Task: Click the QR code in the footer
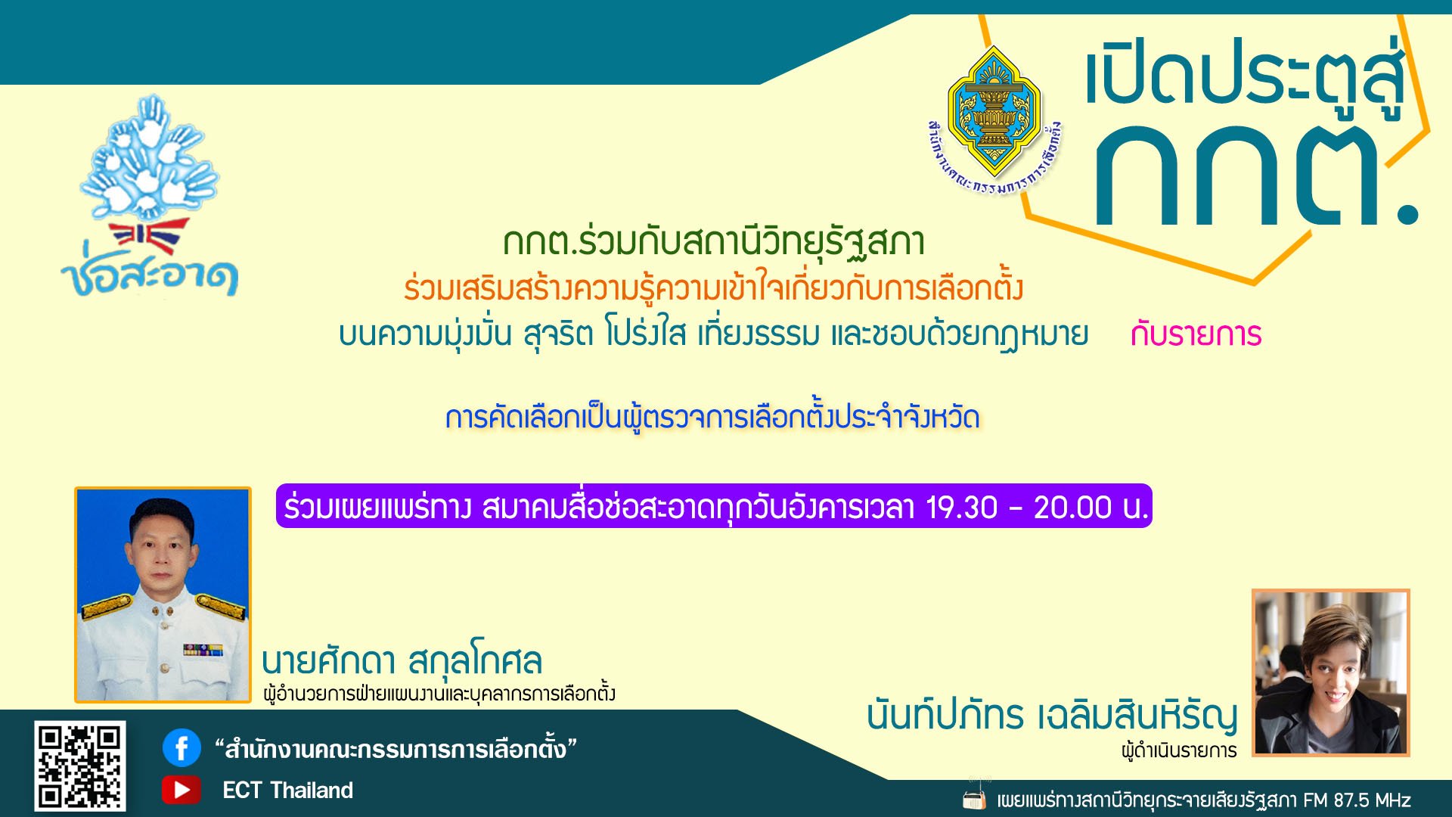(x=79, y=766)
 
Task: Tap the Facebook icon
(x=181, y=748)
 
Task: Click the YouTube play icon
(x=181, y=790)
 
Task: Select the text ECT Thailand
(x=287, y=791)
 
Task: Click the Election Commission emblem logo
(x=994, y=121)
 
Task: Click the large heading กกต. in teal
(x=1255, y=176)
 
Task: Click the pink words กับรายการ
(x=1196, y=334)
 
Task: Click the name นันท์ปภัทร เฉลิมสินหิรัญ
(x=1052, y=715)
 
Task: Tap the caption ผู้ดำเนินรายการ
(x=1179, y=750)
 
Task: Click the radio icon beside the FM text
(x=975, y=797)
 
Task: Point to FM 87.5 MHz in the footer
(x=1357, y=800)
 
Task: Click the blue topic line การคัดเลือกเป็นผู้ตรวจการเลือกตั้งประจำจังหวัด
(x=712, y=418)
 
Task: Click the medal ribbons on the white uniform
(x=203, y=650)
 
